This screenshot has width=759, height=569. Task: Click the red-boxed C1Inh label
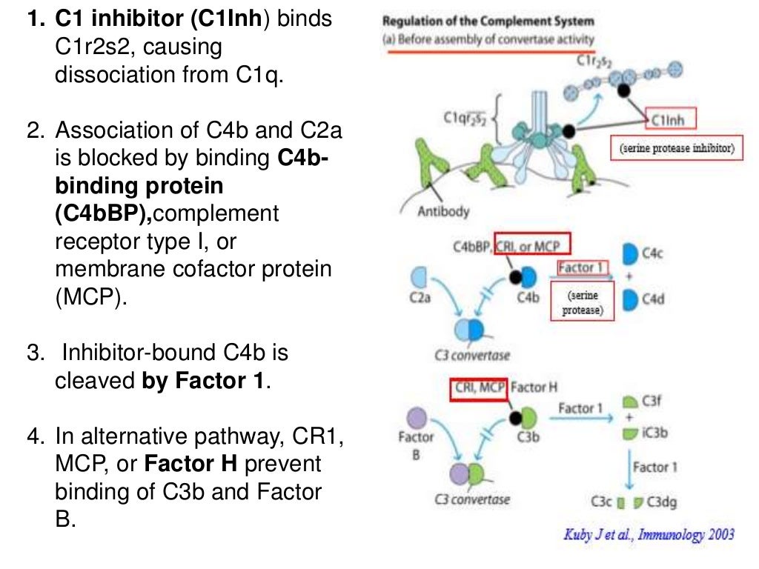(x=669, y=120)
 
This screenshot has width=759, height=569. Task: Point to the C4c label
(x=653, y=254)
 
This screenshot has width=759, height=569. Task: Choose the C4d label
(x=653, y=300)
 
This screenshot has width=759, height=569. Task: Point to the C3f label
(x=652, y=401)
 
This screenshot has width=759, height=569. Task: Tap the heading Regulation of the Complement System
(x=488, y=21)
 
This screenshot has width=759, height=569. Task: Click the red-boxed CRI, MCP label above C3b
(x=477, y=388)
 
